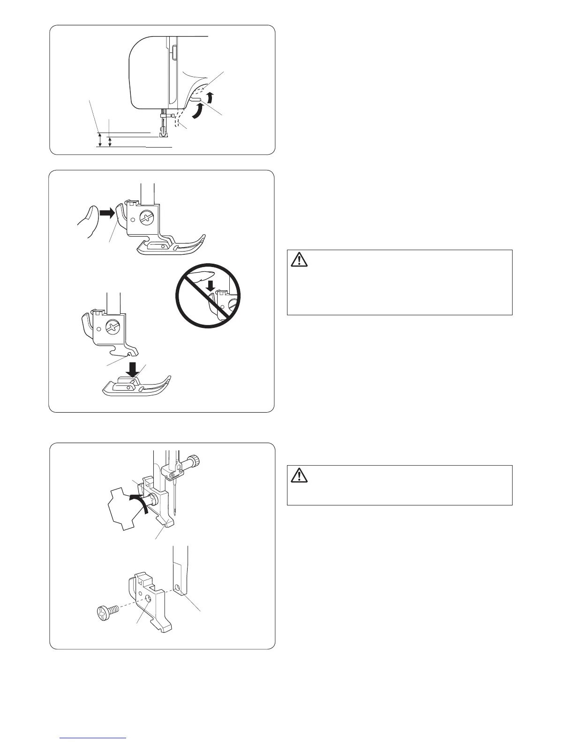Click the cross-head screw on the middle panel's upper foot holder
click(x=148, y=217)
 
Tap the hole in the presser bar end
click(x=177, y=587)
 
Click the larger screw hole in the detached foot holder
click(x=148, y=598)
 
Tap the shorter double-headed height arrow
click(x=110, y=142)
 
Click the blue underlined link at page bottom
click(x=94, y=738)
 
